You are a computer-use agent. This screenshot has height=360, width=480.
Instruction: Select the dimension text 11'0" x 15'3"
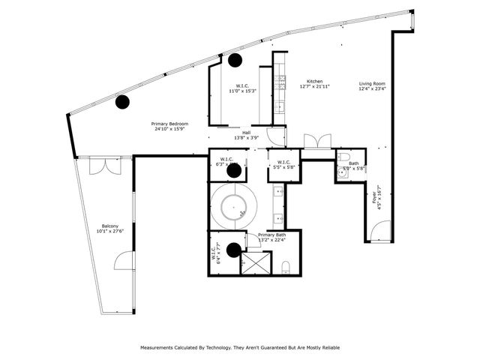click(242, 91)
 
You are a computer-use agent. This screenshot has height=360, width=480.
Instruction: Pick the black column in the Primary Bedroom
click(122, 101)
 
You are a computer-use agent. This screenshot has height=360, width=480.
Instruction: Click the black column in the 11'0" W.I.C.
click(235, 60)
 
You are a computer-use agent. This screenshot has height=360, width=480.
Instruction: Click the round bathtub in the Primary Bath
click(234, 205)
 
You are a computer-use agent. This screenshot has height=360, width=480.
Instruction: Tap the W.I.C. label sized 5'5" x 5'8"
click(283, 164)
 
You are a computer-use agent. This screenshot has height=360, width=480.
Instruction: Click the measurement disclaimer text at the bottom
click(239, 348)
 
